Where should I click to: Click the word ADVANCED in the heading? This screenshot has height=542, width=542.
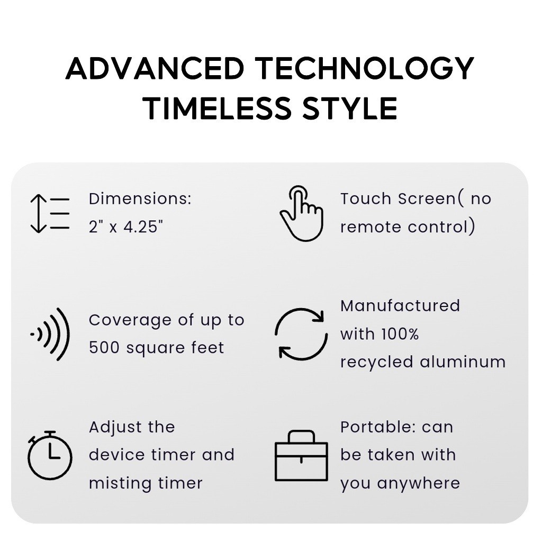click(x=155, y=68)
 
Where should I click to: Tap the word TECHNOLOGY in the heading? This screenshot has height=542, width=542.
click(x=365, y=68)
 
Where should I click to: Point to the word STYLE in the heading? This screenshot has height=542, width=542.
click(x=350, y=109)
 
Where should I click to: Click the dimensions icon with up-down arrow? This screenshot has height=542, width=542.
click(x=49, y=213)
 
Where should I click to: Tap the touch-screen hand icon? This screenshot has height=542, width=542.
click(x=301, y=213)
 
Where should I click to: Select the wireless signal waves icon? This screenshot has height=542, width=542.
click(x=50, y=335)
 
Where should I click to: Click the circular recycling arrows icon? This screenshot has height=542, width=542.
click(x=301, y=335)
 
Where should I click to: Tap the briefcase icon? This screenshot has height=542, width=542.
click(x=301, y=456)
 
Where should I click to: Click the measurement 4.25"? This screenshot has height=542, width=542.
click(x=143, y=227)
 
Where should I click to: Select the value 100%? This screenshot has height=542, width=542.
click(x=400, y=334)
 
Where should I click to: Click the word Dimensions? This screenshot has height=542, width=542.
click(x=140, y=199)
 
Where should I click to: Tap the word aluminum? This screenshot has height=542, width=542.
click(x=463, y=362)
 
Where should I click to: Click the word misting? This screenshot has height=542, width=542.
click(x=120, y=484)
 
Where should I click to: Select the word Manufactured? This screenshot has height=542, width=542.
click(x=400, y=306)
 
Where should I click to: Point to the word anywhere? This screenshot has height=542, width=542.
click(x=419, y=483)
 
